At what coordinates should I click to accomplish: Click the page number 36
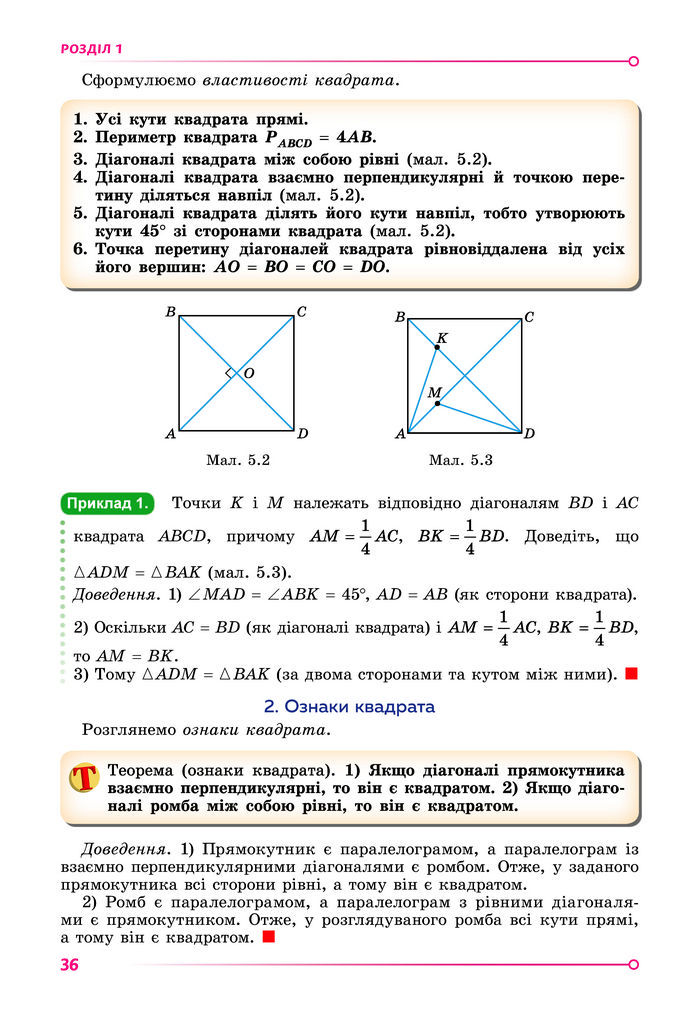pos(70,965)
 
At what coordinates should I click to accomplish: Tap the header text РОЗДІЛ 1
pos(91,48)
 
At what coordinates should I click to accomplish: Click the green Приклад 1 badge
pos(107,503)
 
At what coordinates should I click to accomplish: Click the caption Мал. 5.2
pos(238,460)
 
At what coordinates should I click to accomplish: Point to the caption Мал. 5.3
pos(461,460)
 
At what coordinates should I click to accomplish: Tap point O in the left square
pos(249,373)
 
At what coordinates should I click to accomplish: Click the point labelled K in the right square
pos(436,347)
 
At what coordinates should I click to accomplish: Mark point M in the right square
pos(437,403)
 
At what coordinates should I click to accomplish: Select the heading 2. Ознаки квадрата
pos(349,707)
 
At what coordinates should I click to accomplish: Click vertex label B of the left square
pos(170,314)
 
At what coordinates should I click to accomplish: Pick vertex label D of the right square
pos(530,434)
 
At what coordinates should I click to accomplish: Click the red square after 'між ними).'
pos(631,674)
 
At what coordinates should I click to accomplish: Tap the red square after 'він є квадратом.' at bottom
pos(267,938)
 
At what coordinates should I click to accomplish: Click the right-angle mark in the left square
pos(230,373)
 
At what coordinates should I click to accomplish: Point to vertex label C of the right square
pos(529,317)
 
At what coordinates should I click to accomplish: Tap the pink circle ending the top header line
pos(634,61)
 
